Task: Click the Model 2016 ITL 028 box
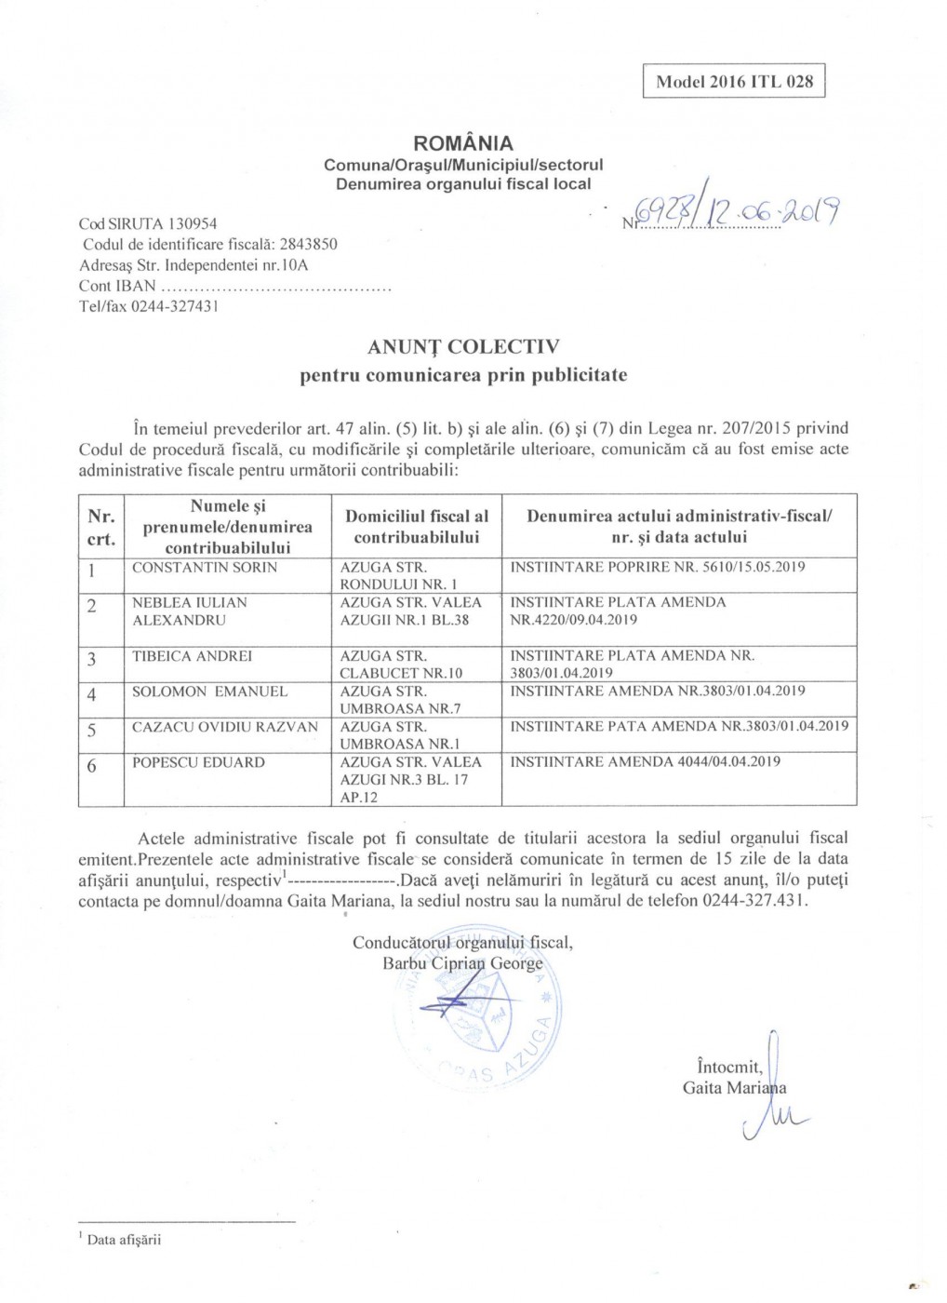(733, 81)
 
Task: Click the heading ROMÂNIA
(462, 143)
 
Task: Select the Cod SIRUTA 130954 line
(148, 223)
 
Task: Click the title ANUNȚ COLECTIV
(463, 347)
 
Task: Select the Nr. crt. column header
(100, 527)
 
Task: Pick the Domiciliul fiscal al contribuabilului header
(416, 527)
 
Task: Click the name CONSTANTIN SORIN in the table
(205, 568)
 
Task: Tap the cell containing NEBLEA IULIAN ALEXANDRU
(190, 611)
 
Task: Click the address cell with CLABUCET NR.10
(401, 665)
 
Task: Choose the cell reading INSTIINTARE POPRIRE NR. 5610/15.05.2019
(658, 567)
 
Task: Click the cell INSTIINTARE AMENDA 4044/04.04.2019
(645, 761)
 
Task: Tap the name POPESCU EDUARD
(198, 762)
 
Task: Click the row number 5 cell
(91, 731)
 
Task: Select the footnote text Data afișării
(124, 1240)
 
